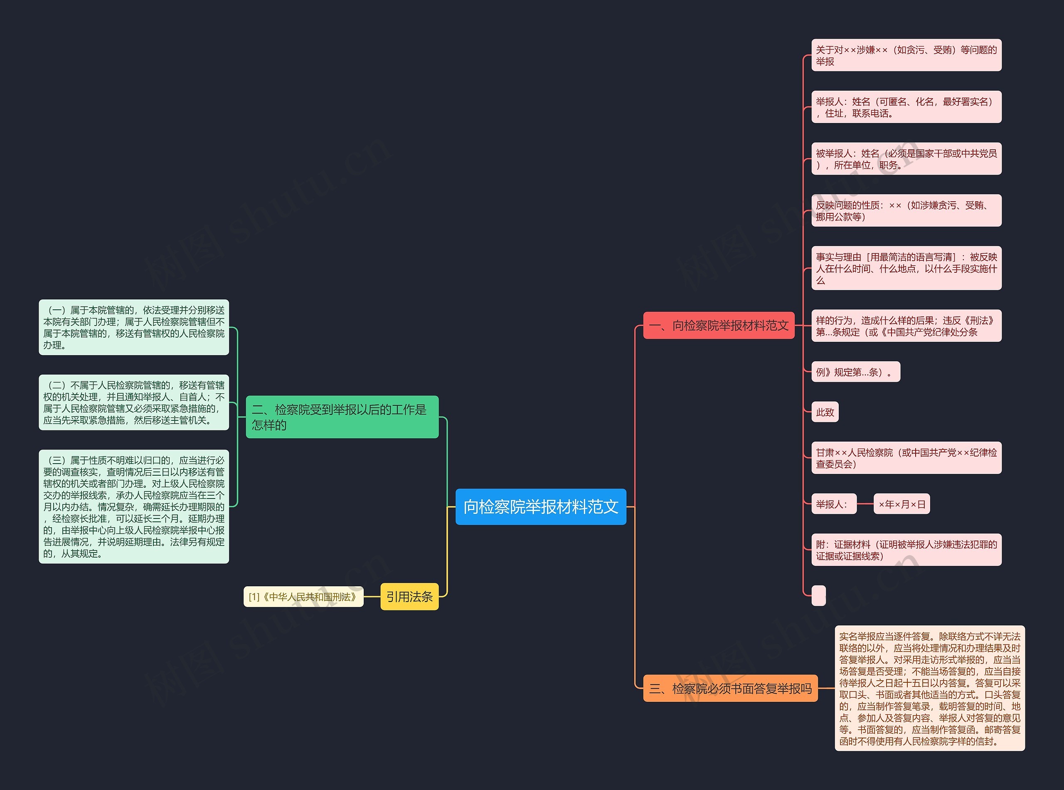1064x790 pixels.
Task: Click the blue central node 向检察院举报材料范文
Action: [541, 506]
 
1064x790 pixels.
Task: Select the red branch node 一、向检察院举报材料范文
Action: [719, 326]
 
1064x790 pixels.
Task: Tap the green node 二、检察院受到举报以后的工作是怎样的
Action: [342, 417]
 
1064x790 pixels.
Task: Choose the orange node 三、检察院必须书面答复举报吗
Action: [730, 688]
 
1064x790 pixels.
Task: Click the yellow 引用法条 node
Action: [409, 596]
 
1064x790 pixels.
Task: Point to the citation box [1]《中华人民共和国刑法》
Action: [303, 597]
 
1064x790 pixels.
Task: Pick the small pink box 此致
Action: [825, 412]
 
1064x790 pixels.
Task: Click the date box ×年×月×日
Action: [901, 504]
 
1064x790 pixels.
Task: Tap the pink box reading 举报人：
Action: [833, 504]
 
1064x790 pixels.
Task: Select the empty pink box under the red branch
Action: [818, 595]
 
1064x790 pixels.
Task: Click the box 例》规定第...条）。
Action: [855, 372]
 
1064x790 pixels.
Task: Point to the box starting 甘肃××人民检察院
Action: [906, 458]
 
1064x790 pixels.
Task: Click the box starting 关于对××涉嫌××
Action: [906, 55]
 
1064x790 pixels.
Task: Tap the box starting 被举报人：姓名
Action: [906, 159]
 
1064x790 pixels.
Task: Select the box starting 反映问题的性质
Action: [906, 211]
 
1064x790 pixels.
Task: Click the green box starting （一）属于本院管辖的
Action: [134, 328]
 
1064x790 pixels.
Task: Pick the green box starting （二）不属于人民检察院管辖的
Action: [134, 402]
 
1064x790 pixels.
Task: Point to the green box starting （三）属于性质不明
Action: [134, 506]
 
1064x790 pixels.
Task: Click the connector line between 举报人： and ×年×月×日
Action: [865, 504]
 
